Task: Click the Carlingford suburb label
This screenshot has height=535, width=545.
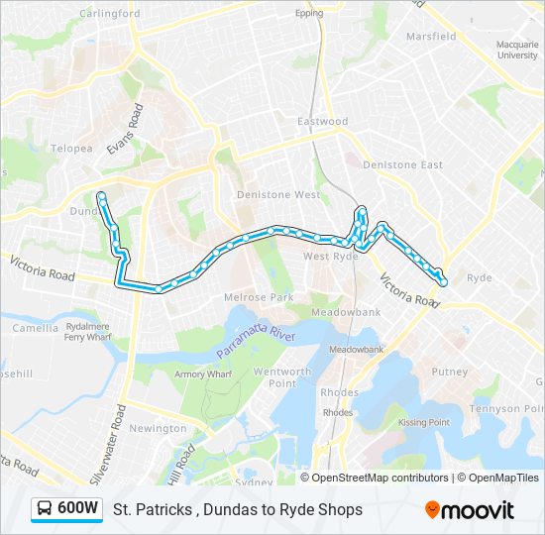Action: click(x=109, y=14)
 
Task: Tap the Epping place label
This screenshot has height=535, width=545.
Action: click(x=309, y=14)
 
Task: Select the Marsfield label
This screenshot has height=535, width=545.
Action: click(x=431, y=37)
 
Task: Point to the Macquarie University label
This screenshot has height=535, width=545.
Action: click(x=516, y=50)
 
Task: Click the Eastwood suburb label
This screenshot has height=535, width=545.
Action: click(x=323, y=121)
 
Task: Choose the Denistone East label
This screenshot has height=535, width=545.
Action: click(x=403, y=164)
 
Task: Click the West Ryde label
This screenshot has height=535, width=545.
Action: click(x=331, y=257)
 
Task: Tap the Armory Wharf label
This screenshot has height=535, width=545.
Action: click(x=203, y=374)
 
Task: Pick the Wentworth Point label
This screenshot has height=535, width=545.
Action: click(x=282, y=376)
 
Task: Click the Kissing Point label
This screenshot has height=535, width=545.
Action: click(x=424, y=422)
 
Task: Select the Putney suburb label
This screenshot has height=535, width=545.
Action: click(x=449, y=372)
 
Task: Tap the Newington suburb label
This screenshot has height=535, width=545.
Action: click(x=158, y=428)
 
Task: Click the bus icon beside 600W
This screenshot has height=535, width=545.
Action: click(x=45, y=509)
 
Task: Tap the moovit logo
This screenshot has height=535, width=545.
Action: click(x=470, y=509)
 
